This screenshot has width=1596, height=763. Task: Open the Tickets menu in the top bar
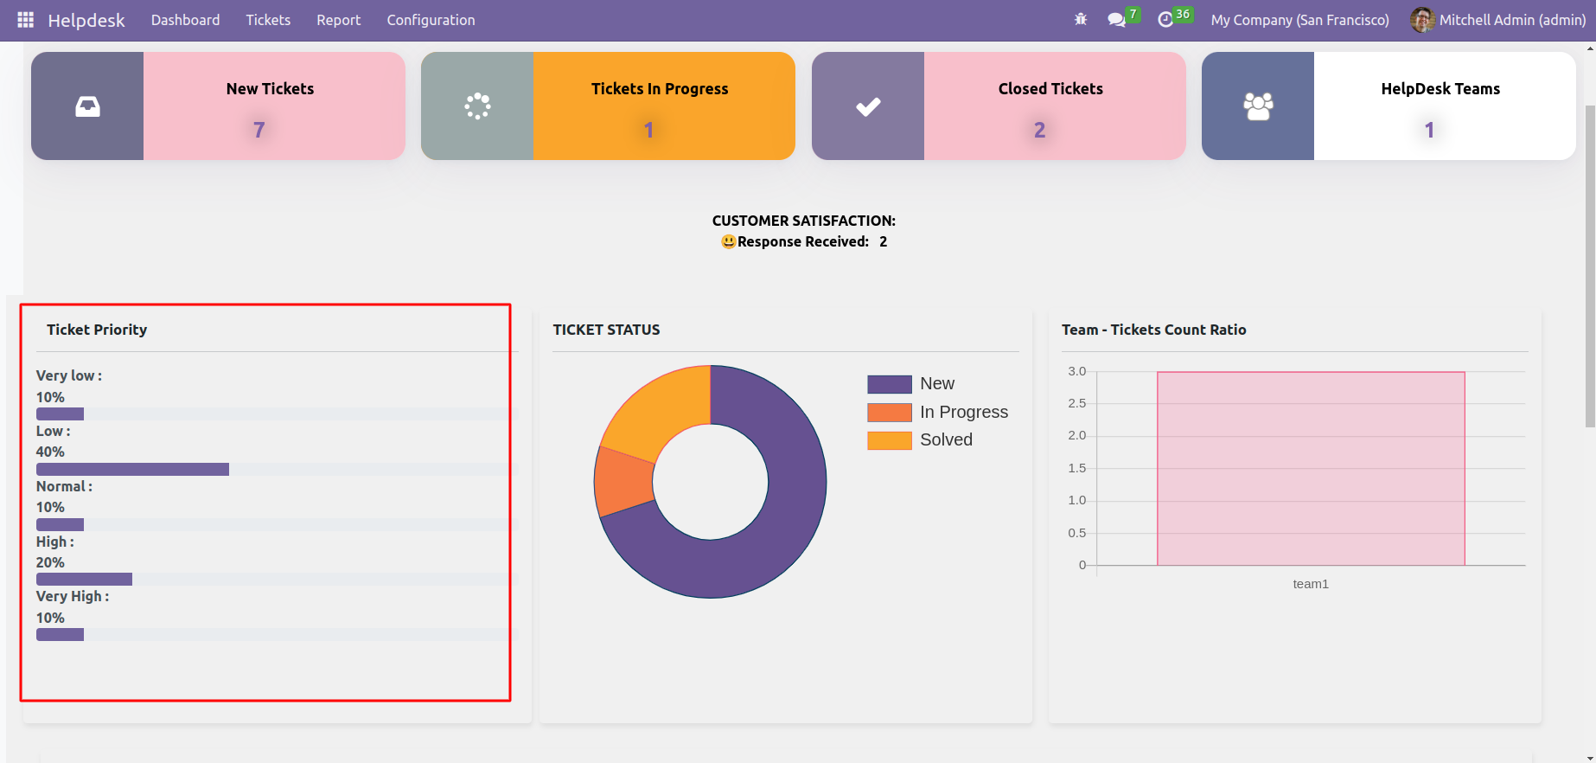click(268, 20)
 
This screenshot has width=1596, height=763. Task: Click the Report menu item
click(338, 20)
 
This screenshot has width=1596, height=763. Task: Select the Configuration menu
click(431, 20)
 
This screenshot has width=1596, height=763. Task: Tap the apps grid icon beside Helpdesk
click(25, 20)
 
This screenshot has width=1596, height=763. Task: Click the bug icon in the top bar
click(1081, 19)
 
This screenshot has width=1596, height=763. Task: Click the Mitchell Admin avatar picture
click(1422, 20)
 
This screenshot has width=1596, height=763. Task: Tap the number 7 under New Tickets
click(259, 130)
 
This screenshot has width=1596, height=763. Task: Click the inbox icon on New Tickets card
click(87, 106)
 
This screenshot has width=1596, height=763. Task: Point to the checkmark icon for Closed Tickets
click(868, 106)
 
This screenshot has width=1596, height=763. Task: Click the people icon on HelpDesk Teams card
click(1258, 106)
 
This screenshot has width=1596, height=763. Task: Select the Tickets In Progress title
click(660, 89)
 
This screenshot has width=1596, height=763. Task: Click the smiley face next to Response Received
click(729, 242)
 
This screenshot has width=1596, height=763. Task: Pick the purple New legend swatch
click(889, 384)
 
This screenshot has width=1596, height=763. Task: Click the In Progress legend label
click(964, 412)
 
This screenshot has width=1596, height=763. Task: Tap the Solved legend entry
click(946, 439)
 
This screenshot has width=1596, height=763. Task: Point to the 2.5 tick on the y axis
click(1076, 403)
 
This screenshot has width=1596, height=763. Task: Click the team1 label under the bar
click(1311, 584)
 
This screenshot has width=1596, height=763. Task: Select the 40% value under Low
click(50, 452)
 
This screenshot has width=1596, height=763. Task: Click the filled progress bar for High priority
click(84, 579)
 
